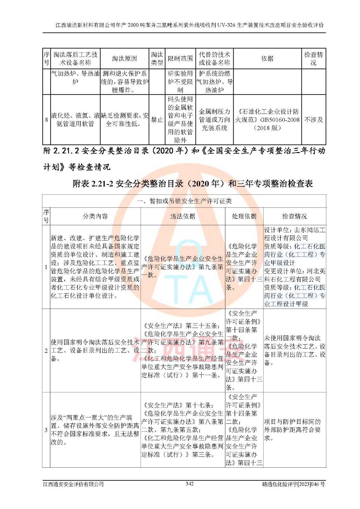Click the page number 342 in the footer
[x=189, y=484]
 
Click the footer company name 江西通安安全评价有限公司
[x=74, y=484]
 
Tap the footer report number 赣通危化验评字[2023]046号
[x=293, y=484]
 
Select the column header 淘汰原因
[x=124, y=59]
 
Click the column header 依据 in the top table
[x=267, y=59]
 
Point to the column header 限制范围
[x=180, y=59]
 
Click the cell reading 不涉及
[x=314, y=120]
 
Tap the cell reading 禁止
[x=157, y=120]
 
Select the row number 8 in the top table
[x=46, y=120]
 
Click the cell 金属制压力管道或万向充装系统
[x=215, y=120]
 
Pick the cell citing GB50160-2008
[x=267, y=120]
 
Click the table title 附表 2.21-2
[x=193, y=184]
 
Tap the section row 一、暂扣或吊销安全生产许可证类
[x=184, y=201]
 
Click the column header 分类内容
[x=95, y=216]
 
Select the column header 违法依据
[x=182, y=216]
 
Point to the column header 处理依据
[x=244, y=216]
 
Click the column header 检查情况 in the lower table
[x=294, y=216]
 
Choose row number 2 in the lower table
[x=46, y=351]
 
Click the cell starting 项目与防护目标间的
[x=292, y=430]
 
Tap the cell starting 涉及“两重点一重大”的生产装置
[x=95, y=430]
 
